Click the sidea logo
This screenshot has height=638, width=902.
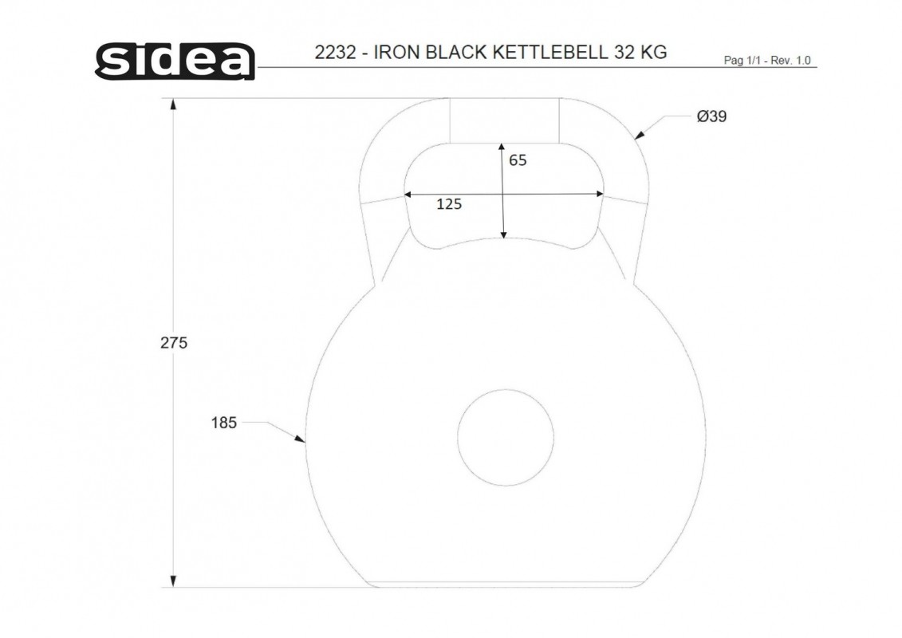tap(175, 61)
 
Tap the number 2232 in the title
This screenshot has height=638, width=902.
tap(336, 53)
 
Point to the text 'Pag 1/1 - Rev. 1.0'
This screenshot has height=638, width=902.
tap(766, 61)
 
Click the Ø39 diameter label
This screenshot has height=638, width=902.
tap(711, 116)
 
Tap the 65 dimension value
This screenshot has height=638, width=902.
tap(518, 160)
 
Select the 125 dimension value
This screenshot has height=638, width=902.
tap(449, 204)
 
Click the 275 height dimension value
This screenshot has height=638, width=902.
tap(174, 343)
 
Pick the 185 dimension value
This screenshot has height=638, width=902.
tap(224, 423)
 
